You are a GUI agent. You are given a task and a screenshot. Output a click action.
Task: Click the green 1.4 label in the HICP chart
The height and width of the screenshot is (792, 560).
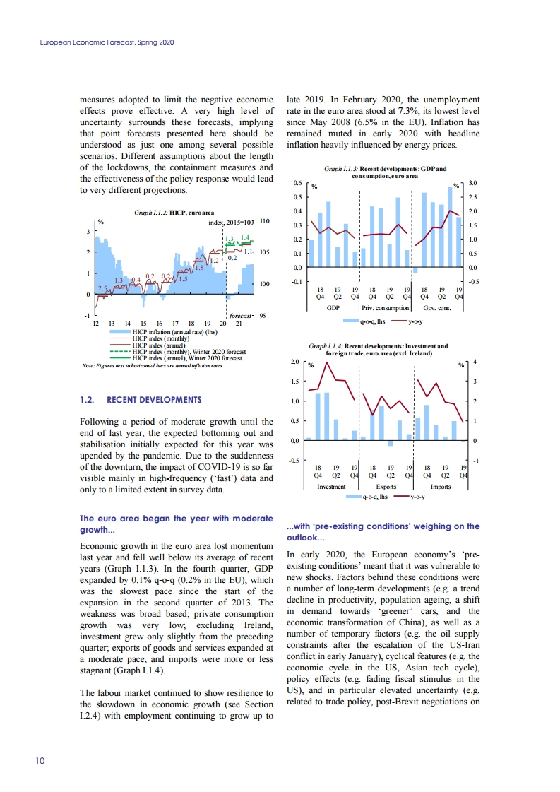click(x=245, y=237)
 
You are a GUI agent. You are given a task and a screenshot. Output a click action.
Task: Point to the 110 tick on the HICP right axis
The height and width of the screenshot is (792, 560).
click(x=266, y=221)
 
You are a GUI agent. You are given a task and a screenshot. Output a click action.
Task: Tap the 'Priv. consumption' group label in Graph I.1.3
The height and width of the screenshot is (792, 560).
click(x=386, y=308)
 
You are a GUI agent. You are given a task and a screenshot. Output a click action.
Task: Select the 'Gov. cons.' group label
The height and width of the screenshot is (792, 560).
click(x=441, y=308)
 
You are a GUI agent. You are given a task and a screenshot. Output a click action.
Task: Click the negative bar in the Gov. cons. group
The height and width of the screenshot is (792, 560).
click(x=415, y=271)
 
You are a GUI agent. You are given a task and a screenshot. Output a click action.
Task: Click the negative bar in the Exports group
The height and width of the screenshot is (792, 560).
click(x=390, y=443)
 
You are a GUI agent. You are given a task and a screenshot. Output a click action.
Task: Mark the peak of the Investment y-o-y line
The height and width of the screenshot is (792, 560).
click(x=328, y=364)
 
